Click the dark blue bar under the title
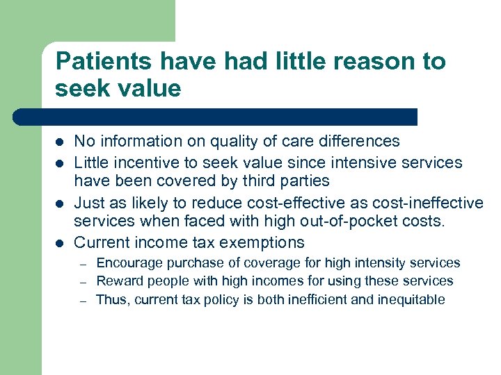[x=216, y=117]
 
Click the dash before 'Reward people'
[x=81, y=282]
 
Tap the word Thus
[x=110, y=300]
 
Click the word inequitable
[x=411, y=300]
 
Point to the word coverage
[x=250, y=263]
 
